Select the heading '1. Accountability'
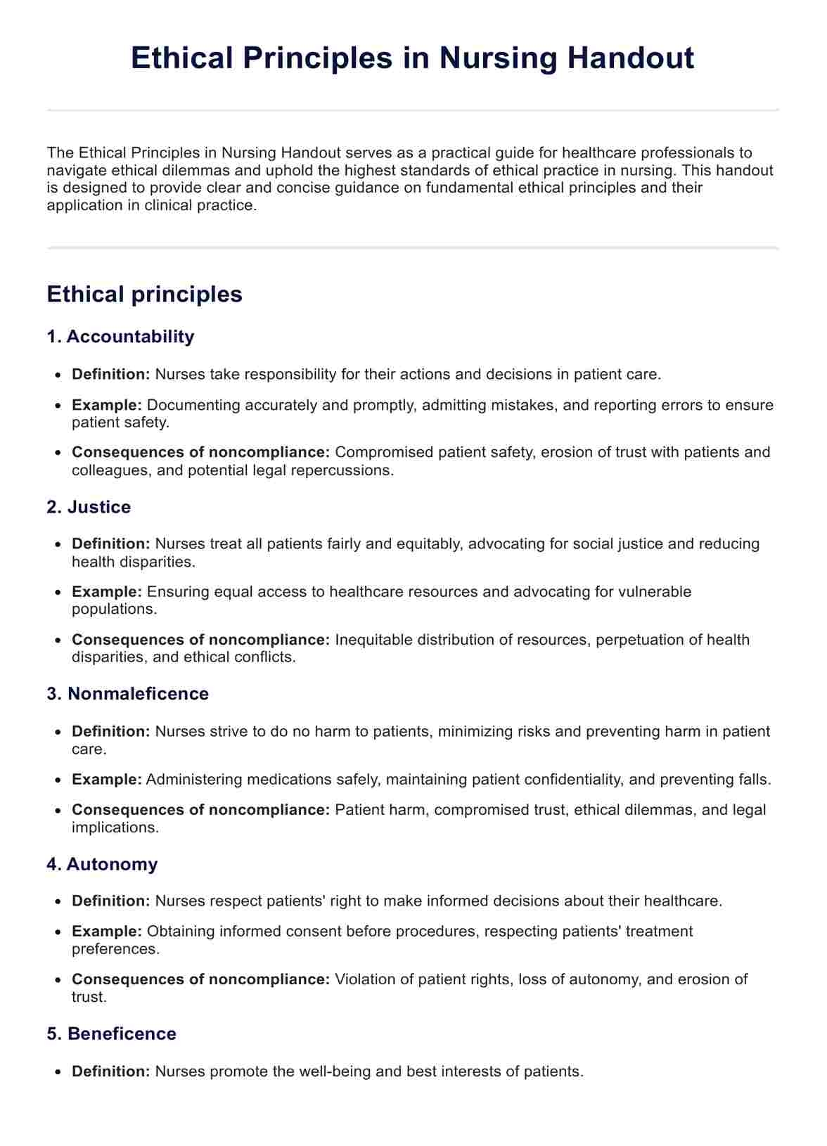(120, 337)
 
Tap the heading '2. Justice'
(89, 507)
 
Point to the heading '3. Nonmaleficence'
(127, 694)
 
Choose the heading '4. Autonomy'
(102, 864)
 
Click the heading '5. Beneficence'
(111, 1034)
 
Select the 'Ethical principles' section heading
(144, 294)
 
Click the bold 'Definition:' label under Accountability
(111, 374)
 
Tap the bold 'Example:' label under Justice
(107, 591)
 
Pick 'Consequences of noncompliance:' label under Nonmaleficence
(200, 810)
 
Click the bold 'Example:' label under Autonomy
(107, 932)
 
